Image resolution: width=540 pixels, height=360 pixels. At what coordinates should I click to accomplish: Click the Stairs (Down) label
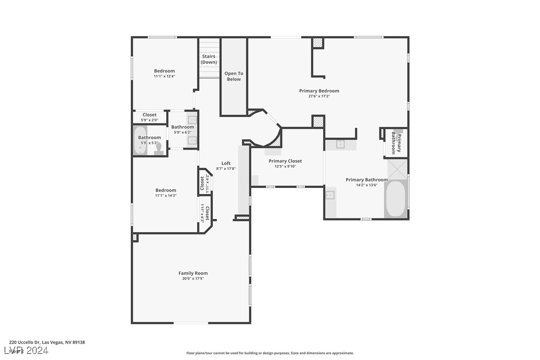(x=209, y=59)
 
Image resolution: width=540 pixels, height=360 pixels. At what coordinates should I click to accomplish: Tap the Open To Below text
(x=234, y=76)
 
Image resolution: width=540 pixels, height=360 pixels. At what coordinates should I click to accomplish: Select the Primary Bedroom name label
(x=319, y=90)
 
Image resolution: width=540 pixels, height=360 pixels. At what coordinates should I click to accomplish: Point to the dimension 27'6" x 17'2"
(x=319, y=96)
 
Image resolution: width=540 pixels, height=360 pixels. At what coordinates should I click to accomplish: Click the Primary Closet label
(x=285, y=161)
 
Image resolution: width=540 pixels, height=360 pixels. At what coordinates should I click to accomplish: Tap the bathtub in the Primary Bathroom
(x=396, y=199)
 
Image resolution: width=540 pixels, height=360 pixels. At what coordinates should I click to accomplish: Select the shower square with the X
(x=397, y=169)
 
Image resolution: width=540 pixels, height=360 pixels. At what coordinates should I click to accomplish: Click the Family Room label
(x=193, y=273)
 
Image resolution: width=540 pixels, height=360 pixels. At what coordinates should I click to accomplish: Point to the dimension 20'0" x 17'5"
(x=193, y=278)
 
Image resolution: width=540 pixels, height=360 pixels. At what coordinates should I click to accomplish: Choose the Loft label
(x=226, y=163)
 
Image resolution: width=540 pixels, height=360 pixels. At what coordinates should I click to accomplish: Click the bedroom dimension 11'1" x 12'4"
(x=164, y=76)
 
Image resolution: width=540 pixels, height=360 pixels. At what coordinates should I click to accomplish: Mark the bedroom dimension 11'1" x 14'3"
(x=166, y=195)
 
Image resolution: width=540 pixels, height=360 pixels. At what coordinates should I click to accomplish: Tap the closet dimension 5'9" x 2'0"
(x=150, y=120)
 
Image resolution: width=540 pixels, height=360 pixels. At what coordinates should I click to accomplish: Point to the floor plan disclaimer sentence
(x=270, y=353)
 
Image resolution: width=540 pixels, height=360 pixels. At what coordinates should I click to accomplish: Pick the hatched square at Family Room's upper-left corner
(x=135, y=238)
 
